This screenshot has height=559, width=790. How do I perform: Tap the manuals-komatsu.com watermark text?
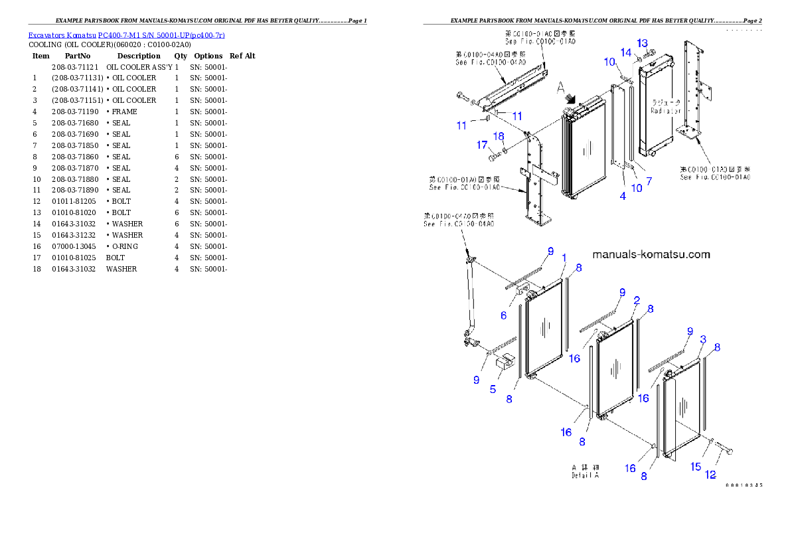point(651,254)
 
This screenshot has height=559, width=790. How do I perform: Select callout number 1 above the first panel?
point(564,258)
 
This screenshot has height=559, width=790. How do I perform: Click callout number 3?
point(703,339)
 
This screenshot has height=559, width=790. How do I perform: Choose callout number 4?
point(623,196)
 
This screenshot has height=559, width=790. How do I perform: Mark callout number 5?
point(493,389)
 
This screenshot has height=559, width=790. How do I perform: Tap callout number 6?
point(504,315)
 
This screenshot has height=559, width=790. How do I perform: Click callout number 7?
point(649,181)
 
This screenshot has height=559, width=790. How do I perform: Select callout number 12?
point(710,475)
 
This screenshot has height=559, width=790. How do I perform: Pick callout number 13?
point(642,43)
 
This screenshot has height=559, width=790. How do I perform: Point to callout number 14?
point(626,52)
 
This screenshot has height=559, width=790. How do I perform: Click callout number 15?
point(696,467)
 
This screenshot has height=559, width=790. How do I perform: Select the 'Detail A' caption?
point(586,475)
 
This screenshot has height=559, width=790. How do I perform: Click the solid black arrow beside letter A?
point(570,97)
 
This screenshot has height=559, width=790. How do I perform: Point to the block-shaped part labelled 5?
point(507,362)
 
